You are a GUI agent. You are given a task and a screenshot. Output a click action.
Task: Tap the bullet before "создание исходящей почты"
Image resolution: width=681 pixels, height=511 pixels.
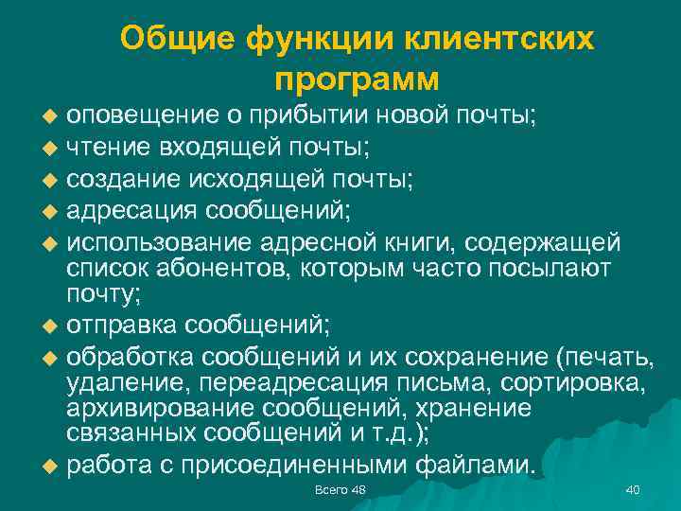click(x=51, y=178)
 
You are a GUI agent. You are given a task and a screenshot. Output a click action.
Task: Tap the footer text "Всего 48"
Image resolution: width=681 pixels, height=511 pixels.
click(x=340, y=488)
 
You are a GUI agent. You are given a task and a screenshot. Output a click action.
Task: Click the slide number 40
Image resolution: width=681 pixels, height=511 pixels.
click(x=633, y=488)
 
